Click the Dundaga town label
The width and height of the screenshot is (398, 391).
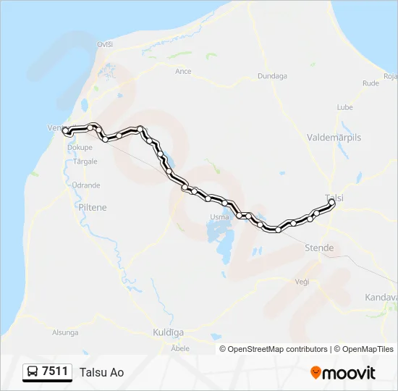pos(272,75)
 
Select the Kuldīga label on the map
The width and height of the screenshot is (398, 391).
pos(168,332)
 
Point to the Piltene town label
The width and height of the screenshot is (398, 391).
pos(92,207)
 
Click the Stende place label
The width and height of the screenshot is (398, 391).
pos(319,248)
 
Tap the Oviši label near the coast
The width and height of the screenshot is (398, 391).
pos(105,44)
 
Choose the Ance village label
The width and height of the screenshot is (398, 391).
pos(183,72)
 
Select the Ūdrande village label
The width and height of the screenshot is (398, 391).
pos(86,185)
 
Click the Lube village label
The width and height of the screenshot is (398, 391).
pos(344,107)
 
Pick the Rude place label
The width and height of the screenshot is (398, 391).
pos(371,83)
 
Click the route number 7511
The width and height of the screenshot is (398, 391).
pos(55,372)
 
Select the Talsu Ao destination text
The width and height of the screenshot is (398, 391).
pos(102,373)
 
